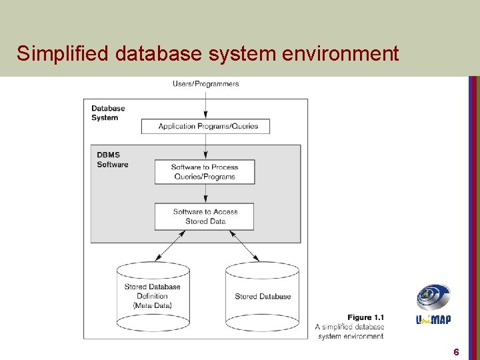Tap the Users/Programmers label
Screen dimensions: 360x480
(205, 83)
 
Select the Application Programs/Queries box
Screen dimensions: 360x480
(205, 126)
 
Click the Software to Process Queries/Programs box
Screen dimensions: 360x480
(205, 172)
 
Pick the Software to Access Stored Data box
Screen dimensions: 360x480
(205, 217)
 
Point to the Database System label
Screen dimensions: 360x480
(107, 113)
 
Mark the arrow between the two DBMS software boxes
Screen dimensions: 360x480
(205, 194)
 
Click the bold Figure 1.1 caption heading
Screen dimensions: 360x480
(365, 317)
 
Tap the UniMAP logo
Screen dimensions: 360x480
(433, 305)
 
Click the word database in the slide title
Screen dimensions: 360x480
(158, 53)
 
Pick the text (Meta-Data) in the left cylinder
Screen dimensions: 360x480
(153, 305)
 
